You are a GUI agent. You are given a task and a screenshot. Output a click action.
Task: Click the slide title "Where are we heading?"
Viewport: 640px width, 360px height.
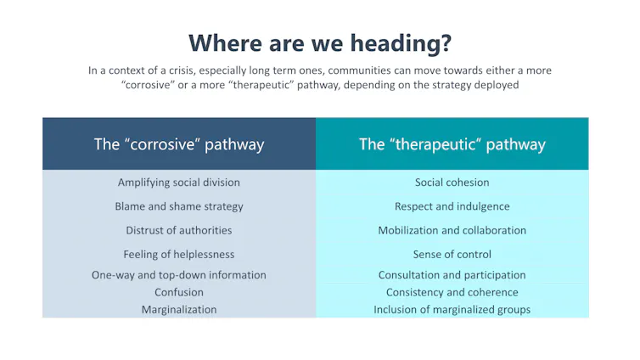point(320,42)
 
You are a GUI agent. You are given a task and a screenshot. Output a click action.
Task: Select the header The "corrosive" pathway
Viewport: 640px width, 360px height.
point(179,143)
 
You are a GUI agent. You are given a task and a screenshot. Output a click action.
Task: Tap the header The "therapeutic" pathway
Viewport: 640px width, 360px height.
point(452,143)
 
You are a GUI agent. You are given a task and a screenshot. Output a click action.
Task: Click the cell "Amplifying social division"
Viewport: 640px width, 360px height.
point(179,183)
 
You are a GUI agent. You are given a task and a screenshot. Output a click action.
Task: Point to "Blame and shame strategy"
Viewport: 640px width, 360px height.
point(179,206)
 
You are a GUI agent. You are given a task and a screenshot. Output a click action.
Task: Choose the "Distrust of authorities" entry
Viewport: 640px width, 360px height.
point(179,230)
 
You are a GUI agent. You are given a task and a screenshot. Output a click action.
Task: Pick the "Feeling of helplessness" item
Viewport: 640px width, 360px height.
point(179,254)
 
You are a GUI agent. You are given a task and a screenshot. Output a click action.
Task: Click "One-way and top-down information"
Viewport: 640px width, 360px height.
point(179,275)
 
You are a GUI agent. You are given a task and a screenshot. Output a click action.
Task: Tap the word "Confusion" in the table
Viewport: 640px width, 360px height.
point(179,292)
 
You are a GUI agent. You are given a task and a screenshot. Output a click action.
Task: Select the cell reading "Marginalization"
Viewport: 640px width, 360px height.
point(179,310)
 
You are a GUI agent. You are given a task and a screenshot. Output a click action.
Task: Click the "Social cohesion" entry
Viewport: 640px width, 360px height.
point(452,183)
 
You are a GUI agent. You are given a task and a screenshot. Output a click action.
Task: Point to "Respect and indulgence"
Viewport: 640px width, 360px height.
point(452,206)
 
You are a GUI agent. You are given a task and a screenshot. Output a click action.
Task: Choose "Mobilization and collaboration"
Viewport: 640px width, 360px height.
point(452,230)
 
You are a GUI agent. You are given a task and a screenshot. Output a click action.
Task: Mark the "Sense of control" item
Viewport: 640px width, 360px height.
point(452,254)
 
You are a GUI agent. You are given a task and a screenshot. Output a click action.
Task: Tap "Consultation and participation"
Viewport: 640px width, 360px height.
point(452,275)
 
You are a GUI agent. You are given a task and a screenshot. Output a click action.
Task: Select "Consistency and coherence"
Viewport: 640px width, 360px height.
point(452,292)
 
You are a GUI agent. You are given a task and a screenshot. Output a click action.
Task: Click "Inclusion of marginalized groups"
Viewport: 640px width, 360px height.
point(452,310)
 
